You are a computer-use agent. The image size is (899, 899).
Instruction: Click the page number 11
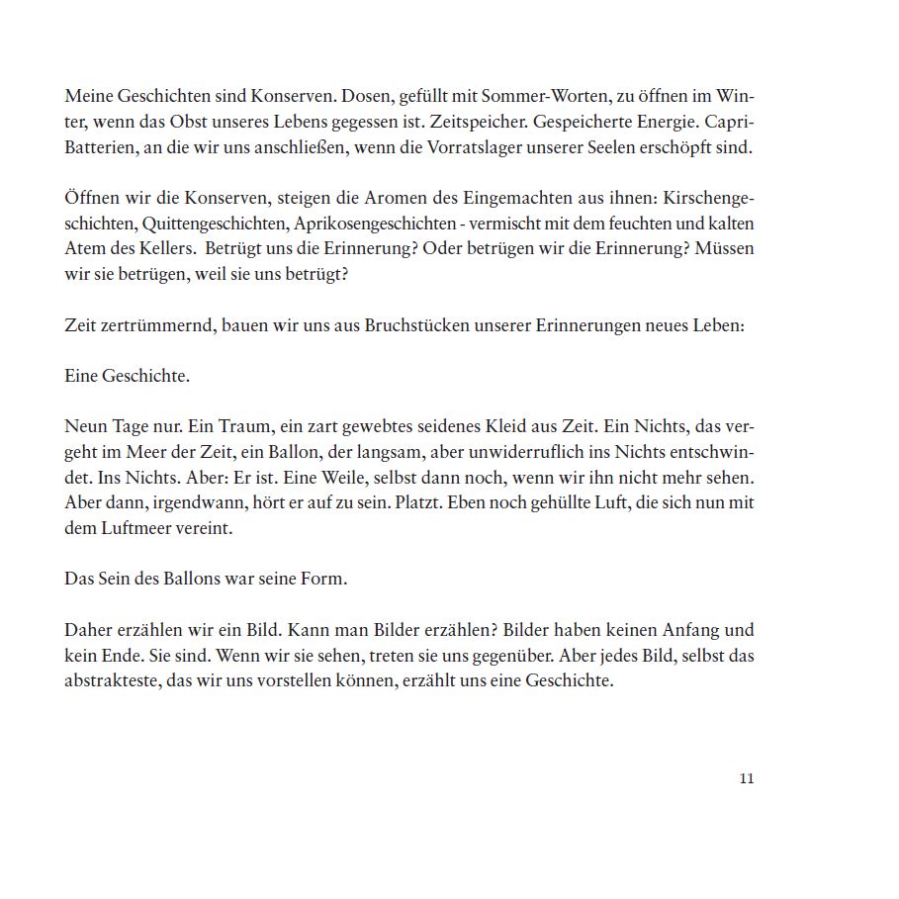[747, 778]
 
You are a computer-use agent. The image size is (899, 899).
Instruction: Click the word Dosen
[369, 97]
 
